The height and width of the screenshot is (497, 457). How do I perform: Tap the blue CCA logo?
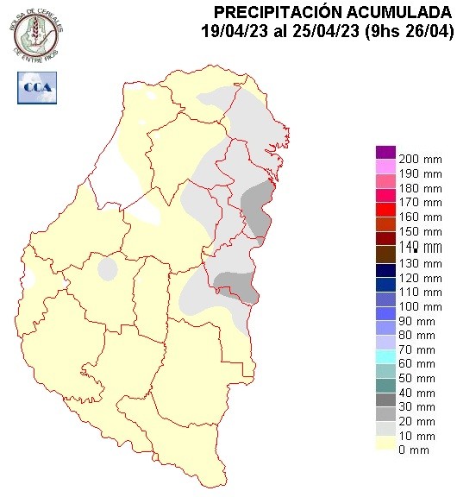(34, 88)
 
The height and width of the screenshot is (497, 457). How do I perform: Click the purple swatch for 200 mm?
(385, 153)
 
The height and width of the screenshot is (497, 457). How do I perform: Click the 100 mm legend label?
(420, 306)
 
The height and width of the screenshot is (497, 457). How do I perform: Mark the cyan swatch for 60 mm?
(385, 356)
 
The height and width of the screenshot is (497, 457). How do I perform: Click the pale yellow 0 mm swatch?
(385, 444)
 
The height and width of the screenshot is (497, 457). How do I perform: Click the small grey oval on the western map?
(108, 270)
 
